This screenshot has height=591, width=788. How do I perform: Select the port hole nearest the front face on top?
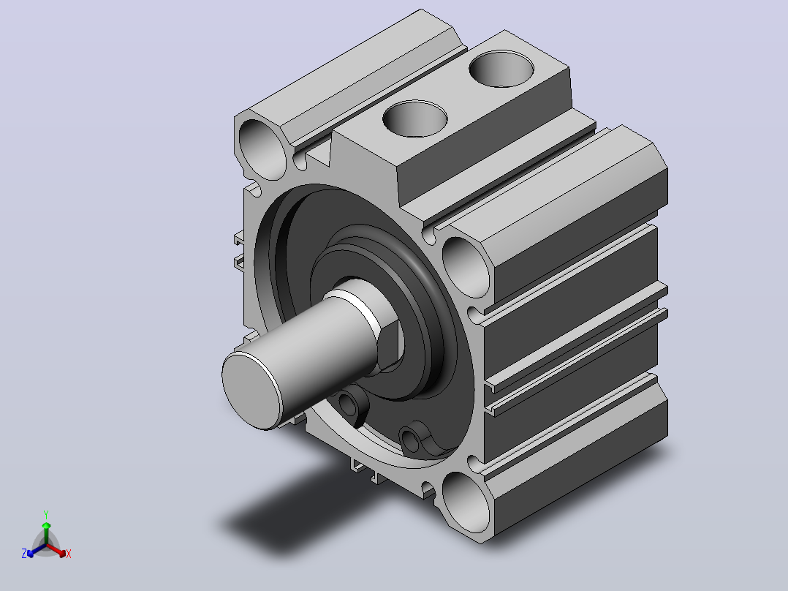(414, 118)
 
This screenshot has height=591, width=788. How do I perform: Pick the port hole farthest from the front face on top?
(501, 69)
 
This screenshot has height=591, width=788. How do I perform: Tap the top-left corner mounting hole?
(262, 149)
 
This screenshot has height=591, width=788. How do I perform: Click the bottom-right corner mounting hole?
(466, 502)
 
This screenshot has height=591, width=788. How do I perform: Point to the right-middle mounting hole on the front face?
(466, 266)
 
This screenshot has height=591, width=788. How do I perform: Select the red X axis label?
(69, 554)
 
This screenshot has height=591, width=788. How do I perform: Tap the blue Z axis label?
(24, 554)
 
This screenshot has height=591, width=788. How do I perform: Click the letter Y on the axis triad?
(46, 515)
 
